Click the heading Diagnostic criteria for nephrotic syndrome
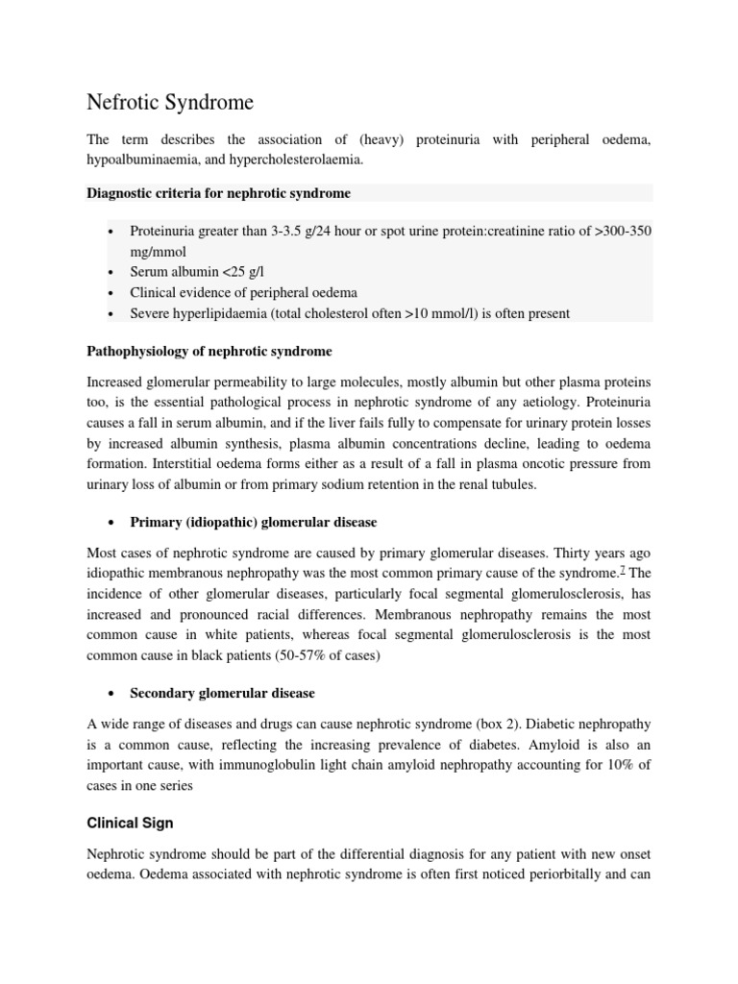pos(219,193)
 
